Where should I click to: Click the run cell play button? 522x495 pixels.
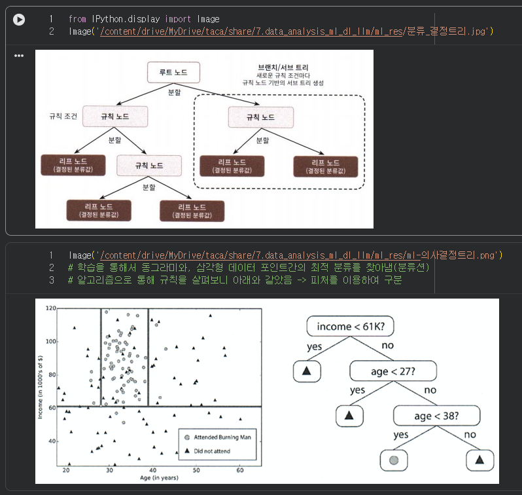pyautogui.click(x=20, y=20)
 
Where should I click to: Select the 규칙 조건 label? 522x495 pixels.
pyautogui.click(x=63, y=117)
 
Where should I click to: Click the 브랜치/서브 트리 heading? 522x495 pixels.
pyautogui.click(x=283, y=67)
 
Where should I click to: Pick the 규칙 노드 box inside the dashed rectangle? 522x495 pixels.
pyautogui.click(x=260, y=117)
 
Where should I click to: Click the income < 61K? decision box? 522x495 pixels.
pyautogui.click(x=346, y=326)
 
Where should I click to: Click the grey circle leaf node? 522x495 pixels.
pyautogui.click(x=394, y=461)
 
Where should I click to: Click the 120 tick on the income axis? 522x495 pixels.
pyautogui.click(x=50, y=308)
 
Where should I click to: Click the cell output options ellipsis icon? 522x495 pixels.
pyautogui.click(x=19, y=56)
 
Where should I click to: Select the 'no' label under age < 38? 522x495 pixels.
pyautogui.click(x=470, y=435)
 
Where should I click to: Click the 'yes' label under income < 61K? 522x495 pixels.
pyautogui.click(x=315, y=346)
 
